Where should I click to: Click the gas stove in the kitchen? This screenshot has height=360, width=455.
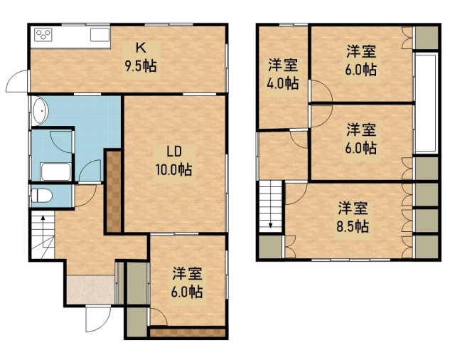coord(43,35)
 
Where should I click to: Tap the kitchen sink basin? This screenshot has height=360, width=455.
coord(100,35)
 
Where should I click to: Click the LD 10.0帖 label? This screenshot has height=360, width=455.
coord(173,161)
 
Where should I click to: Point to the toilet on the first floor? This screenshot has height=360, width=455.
coord(41,196)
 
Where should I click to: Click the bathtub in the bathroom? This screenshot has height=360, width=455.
coord(55,172)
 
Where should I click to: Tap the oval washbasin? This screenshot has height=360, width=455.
coord(40,110)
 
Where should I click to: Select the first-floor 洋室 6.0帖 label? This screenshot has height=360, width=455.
coord(187,282)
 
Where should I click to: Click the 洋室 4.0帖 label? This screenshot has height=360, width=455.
coord(283,74)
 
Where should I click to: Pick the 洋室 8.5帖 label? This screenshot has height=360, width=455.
coord(353,217)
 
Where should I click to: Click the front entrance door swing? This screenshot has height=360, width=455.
coord(99,319)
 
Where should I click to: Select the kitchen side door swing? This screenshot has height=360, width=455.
coord(17,81)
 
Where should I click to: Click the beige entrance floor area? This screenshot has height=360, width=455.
coord(90,290)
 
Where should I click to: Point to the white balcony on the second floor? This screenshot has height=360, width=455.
coord(426,103)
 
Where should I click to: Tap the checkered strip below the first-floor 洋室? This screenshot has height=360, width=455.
coord(188,332)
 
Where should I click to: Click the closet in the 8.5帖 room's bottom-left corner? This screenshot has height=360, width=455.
coord(270,247)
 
